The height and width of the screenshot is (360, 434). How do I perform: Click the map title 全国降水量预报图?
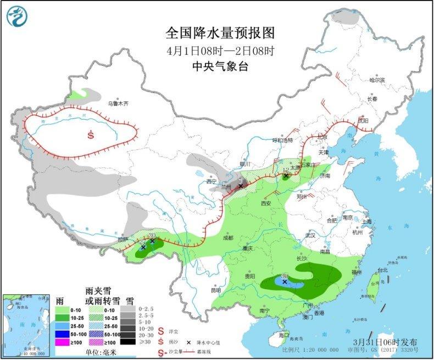point(220,33)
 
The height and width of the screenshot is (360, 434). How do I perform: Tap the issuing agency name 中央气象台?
point(220,66)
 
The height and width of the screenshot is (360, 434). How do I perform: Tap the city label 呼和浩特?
point(269,140)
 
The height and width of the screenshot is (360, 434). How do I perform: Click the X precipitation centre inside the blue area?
point(285,282)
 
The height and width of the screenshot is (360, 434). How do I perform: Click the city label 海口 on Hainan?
point(283,335)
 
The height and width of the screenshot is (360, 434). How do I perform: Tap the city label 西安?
point(266,203)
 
